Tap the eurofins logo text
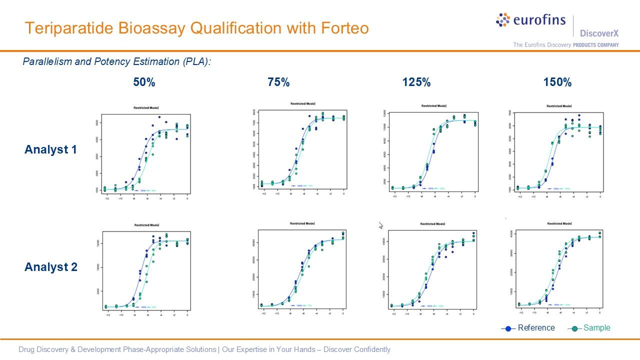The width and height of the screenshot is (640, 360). click(539, 20)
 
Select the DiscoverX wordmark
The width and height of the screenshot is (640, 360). click(599, 33)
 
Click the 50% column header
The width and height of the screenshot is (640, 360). click(144, 82)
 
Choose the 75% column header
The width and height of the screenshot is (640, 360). click(278, 82)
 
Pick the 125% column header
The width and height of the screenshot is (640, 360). click(416, 82)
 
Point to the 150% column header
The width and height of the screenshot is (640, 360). click(557, 82)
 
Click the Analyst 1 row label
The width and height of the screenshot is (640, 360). click(50, 149)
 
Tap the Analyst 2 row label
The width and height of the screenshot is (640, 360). click(50, 267)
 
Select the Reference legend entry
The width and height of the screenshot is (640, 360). click(536, 328)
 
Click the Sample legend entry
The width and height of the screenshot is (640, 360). click(596, 328)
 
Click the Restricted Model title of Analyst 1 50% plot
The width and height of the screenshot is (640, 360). click(146, 107)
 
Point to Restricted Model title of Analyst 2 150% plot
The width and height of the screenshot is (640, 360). click(559, 223)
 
